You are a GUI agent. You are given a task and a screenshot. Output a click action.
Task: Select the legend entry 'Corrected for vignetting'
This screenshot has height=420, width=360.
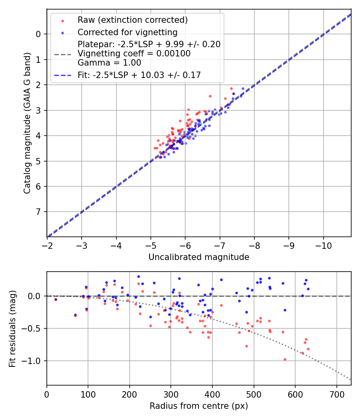128,32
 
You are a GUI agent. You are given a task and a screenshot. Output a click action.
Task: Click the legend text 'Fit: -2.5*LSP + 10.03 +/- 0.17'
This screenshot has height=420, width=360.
139,75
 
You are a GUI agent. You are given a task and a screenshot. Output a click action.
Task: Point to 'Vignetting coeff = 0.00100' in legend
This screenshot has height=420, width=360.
134,53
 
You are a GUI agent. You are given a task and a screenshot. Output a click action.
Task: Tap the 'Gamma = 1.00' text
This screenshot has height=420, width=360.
109,63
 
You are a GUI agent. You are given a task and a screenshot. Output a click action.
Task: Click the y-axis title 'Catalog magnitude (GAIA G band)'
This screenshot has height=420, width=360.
27,123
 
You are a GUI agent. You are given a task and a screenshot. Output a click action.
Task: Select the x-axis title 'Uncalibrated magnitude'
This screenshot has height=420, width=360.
199,257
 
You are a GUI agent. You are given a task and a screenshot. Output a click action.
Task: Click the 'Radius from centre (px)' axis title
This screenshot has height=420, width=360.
199,406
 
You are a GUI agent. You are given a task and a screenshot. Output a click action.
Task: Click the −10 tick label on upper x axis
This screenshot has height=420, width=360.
323,245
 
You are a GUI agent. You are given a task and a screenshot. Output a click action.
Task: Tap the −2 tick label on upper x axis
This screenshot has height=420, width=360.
47,245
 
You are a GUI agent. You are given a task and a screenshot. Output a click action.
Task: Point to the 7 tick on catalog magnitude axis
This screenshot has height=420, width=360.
38,212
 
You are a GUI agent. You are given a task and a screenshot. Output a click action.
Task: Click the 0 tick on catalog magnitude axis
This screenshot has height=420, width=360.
38,34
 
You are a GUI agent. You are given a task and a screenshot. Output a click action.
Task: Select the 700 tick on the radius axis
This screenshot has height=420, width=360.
336,394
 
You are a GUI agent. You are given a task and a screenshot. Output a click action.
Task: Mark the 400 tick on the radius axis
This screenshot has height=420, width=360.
212,394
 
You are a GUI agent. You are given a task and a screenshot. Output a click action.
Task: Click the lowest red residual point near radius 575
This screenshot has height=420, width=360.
285,359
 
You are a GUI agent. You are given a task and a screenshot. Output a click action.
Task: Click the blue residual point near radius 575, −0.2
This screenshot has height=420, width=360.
285,310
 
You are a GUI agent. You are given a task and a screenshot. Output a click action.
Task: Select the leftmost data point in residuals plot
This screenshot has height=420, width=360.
56,299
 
